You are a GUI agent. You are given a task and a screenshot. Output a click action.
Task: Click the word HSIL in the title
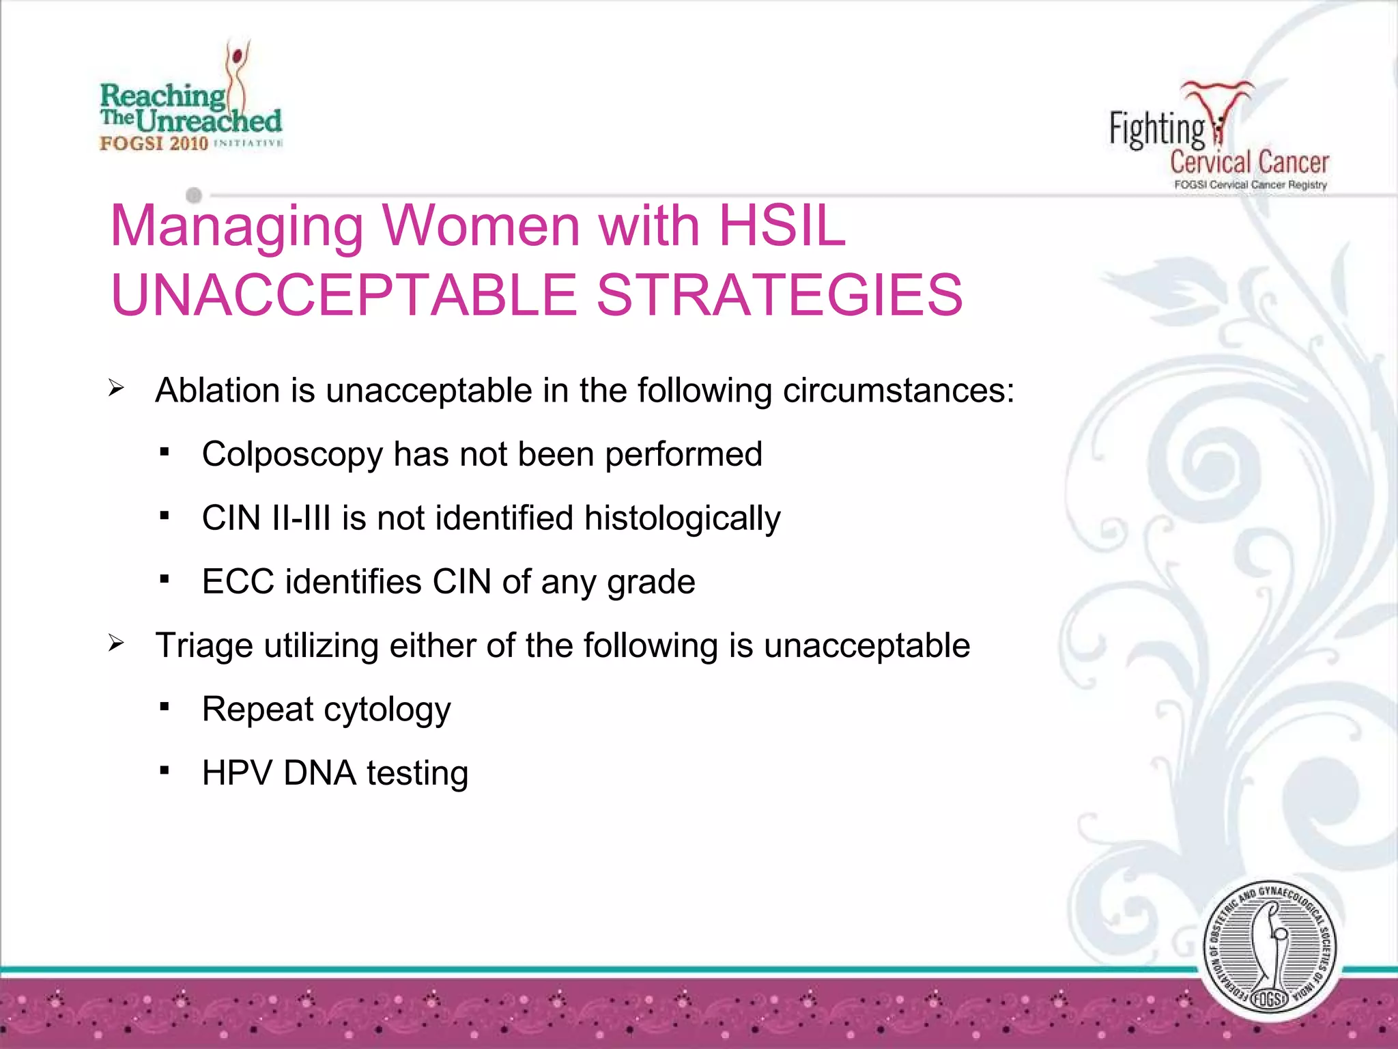[782, 225]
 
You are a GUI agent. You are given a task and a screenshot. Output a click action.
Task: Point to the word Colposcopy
[292, 455]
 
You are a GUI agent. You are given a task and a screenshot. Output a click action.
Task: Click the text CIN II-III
[266, 518]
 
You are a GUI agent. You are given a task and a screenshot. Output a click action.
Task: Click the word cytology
[387, 710]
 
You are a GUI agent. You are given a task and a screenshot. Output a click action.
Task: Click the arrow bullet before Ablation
[116, 389]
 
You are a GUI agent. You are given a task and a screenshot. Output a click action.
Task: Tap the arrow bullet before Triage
[116, 644]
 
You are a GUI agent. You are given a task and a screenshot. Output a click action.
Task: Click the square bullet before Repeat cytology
[164, 707]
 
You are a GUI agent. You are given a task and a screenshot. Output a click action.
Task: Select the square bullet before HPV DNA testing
[164, 770]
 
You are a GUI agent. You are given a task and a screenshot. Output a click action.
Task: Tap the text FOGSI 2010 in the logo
[154, 143]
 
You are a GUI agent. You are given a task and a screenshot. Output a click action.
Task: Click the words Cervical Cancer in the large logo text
[1249, 163]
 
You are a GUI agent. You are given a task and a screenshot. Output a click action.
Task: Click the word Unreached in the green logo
[209, 122]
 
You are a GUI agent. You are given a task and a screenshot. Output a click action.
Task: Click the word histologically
[682, 518]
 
